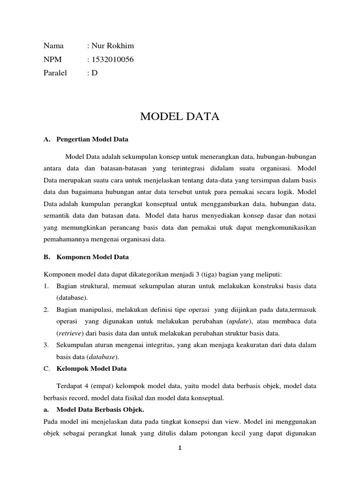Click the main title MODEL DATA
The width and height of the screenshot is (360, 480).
point(180,117)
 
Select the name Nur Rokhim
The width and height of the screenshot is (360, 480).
point(112,45)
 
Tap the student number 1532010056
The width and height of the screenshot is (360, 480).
point(109,59)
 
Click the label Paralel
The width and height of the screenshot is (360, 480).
point(55,73)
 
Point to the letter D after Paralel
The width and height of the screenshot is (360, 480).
point(95,73)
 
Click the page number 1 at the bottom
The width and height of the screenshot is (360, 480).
point(180,448)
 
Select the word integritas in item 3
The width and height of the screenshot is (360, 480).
point(175,345)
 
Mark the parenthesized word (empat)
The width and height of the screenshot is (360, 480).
point(108,386)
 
